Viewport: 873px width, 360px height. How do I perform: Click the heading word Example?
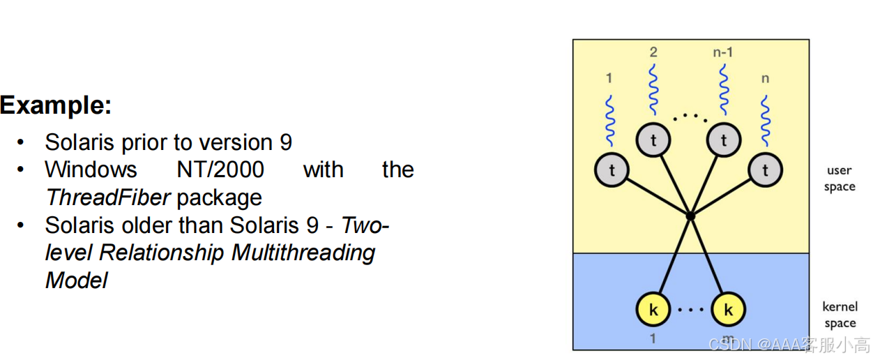pos(56,105)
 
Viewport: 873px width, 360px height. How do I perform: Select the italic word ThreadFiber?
pos(107,197)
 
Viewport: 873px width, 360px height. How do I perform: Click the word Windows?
pos(91,170)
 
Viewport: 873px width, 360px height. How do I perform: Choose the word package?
pos(219,197)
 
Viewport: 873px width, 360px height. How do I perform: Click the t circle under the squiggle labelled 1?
pos(612,170)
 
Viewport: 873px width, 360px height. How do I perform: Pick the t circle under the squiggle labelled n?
pos(765,170)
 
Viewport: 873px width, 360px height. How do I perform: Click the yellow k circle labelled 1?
pos(653,309)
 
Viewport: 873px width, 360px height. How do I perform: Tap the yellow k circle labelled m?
pos(728,309)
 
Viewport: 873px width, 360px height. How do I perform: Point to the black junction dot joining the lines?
pos(690,216)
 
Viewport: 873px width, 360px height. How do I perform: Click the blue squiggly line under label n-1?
pos(723,91)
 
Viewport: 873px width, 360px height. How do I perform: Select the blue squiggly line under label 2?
pos(653,91)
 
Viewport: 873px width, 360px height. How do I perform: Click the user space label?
pos(839,178)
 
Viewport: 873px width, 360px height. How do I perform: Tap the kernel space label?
pos(840,315)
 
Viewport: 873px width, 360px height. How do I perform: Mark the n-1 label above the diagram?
pos(722,52)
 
